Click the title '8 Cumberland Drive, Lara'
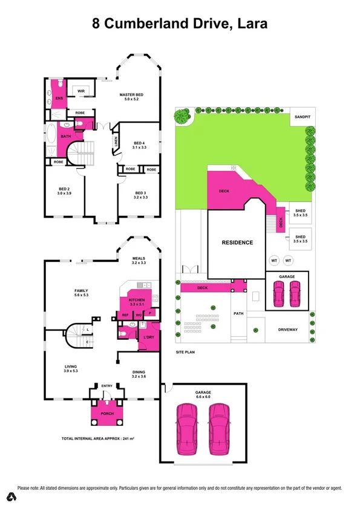[x=180, y=24]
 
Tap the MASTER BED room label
[x=131, y=95]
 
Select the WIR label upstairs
[x=80, y=91]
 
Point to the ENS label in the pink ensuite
[x=59, y=98]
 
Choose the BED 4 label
[x=139, y=143]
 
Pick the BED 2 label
[x=65, y=189]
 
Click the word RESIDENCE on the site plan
[x=237, y=242]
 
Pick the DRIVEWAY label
[x=288, y=330]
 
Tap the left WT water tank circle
[x=275, y=260]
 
